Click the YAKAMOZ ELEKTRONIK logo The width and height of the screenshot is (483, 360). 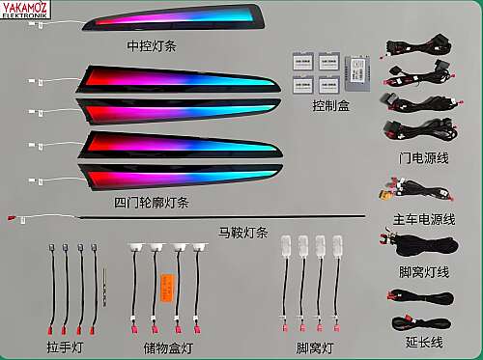point(25,10)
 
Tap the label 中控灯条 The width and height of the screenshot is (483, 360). point(152,46)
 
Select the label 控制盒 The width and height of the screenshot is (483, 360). point(331,105)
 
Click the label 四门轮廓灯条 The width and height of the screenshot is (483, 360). point(152,203)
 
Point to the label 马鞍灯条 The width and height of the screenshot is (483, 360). point(243,233)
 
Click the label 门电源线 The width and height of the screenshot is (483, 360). point(423,158)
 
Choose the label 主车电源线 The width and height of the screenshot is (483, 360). point(424,220)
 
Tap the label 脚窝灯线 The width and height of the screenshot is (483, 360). point(424,272)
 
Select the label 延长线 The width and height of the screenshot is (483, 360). point(424,342)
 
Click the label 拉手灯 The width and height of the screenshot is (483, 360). point(65,347)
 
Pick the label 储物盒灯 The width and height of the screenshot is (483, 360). point(168,348)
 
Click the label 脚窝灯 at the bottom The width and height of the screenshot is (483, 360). point(315,348)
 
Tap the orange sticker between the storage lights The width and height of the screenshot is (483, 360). point(167,288)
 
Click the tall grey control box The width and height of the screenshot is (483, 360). point(357,73)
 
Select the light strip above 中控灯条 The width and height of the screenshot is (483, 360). point(174,17)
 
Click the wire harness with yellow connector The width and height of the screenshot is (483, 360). point(415,190)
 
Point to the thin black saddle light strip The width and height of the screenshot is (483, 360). point(222,216)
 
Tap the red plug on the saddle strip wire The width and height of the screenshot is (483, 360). point(12,218)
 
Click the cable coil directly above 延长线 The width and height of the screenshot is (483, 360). point(420,296)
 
